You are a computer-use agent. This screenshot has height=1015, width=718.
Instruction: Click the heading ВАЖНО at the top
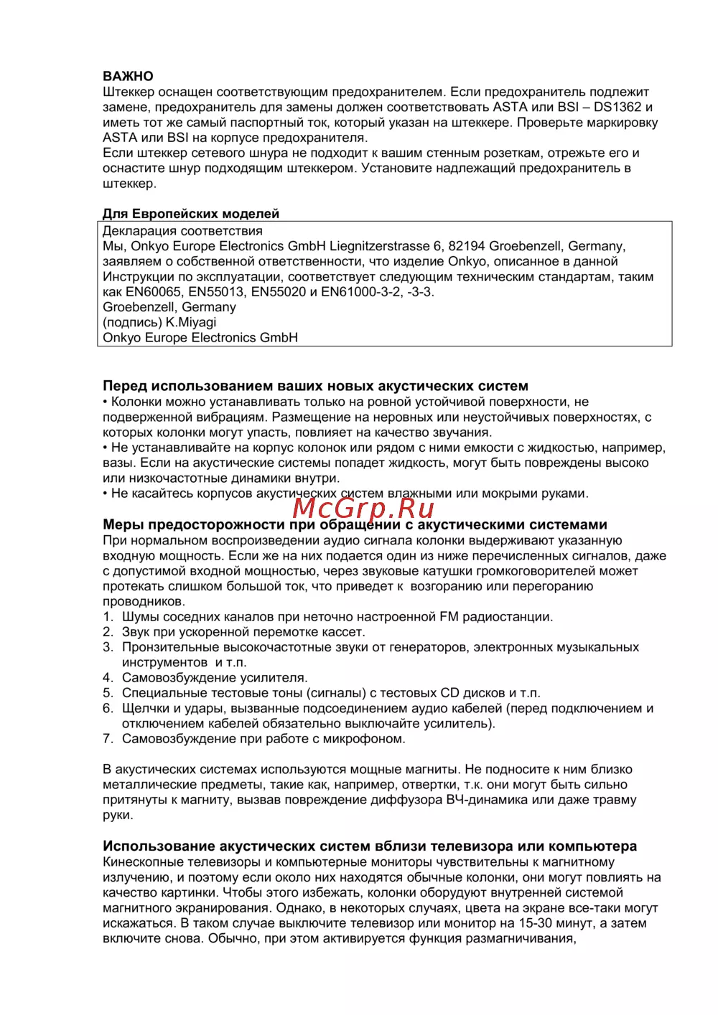pyautogui.click(x=128, y=76)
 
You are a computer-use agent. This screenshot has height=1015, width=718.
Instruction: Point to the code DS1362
pyautogui.click(x=617, y=107)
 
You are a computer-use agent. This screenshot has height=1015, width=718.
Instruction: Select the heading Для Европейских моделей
pyautogui.click(x=191, y=214)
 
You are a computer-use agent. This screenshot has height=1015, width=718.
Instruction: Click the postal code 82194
pyautogui.click(x=467, y=246)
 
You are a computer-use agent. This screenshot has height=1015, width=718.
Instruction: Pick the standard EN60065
pyautogui.click(x=154, y=292)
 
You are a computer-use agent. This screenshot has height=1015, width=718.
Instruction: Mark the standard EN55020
pyautogui.click(x=279, y=292)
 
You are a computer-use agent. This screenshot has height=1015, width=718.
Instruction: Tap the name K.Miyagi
pyautogui.click(x=191, y=322)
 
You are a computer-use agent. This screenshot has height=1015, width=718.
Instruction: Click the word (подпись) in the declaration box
pyautogui.click(x=132, y=322)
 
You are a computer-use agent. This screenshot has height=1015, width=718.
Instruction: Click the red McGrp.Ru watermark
pyautogui.click(x=364, y=508)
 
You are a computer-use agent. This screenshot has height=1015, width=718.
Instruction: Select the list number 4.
pyautogui.click(x=108, y=678)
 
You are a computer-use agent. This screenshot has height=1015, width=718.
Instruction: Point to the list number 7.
pyautogui.click(x=108, y=739)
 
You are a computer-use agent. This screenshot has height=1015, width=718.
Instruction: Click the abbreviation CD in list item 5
pyautogui.click(x=449, y=693)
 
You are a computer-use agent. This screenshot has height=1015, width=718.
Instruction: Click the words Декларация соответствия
pyautogui.click(x=182, y=231)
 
